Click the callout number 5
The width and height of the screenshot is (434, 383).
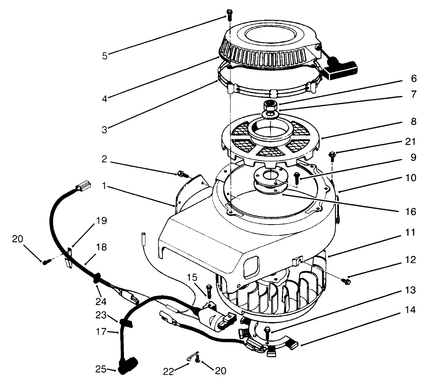105,56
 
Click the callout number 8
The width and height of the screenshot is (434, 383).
413,122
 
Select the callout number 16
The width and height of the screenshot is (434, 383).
410,212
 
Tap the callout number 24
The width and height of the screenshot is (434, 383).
101,301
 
